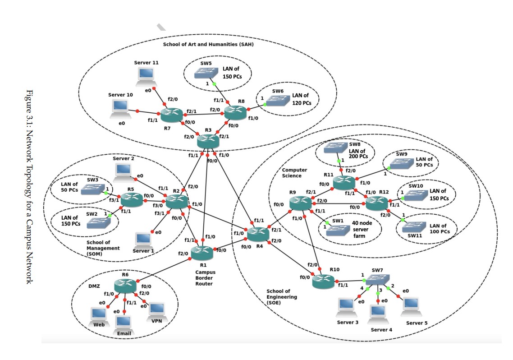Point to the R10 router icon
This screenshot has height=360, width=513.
(x=324, y=281)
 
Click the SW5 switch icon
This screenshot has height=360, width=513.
(x=207, y=74)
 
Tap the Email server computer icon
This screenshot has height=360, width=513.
(x=123, y=323)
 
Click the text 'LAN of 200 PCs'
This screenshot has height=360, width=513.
(x=358, y=153)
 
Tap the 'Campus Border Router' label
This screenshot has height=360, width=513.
(x=206, y=278)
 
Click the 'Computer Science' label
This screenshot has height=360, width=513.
(x=295, y=172)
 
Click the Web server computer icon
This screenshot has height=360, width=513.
(x=99, y=315)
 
